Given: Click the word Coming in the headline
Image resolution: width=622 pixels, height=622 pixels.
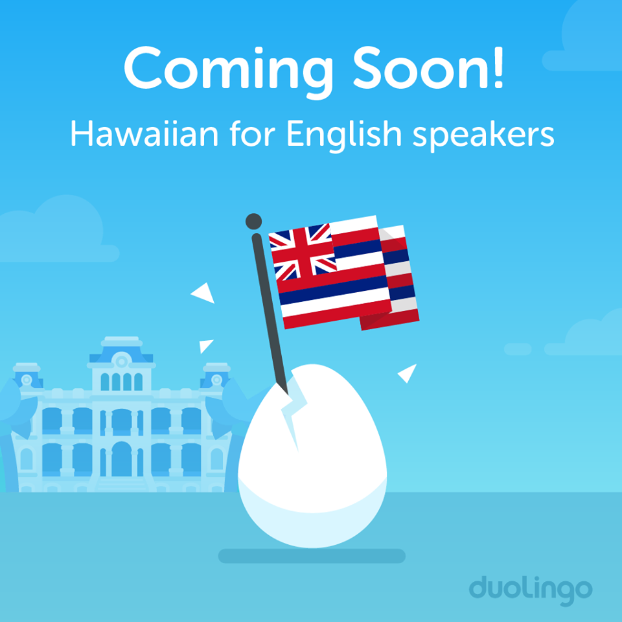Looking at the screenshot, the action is pyautogui.click(x=229, y=71).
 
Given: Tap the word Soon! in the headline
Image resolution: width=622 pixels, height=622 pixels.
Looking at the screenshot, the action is pyautogui.click(x=428, y=67).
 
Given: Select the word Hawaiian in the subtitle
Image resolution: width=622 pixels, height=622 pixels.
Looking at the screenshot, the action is pyautogui.click(x=144, y=133).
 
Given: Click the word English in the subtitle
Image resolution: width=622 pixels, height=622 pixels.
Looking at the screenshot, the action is pyautogui.click(x=344, y=135).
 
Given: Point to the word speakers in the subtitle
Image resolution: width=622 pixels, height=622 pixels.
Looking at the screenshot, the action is pyautogui.click(x=483, y=135).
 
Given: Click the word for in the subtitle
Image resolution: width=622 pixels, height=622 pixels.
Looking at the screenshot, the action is pyautogui.click(x=252, y=133).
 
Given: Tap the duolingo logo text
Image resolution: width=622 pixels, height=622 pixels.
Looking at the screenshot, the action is pyautogui.click(x=531, y=590).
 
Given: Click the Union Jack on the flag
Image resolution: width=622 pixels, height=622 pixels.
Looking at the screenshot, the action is pyautogui.click(x=303, y=252).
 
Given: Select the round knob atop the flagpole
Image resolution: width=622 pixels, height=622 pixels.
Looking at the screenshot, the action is pyautogui.click(x=253, y=222).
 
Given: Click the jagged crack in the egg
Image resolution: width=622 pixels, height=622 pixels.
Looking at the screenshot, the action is pyautogui.click(x=294, y=411).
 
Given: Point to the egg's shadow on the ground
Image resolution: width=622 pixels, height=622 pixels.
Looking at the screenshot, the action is pyautogui.click(x=312, y=556).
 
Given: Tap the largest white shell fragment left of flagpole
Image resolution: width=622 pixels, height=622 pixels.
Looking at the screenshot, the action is pyautogui.click(x=204, y=294).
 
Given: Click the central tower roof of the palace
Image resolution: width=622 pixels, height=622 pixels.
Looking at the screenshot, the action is pyautogui.click(x=121, y=349).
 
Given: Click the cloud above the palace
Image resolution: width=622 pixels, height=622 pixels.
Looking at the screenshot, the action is pyautogui.click(x=60, y=230).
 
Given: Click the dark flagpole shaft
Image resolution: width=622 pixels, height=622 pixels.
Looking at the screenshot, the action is pyautogui.click(x=269, y=314).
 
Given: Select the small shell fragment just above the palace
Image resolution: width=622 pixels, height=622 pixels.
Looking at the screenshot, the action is pyautogui.click(x=205, y=345).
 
